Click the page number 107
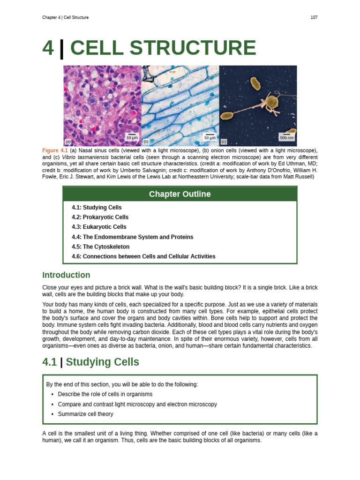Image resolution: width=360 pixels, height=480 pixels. coord(314,17)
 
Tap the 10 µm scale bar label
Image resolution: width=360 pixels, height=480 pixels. coord(132,138)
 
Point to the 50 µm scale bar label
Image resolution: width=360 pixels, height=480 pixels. coord(210,138)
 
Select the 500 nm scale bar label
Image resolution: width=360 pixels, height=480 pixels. coord(286,138)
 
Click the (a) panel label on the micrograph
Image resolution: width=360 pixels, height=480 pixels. coord(68,142)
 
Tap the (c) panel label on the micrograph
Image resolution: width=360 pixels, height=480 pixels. coord(224,142)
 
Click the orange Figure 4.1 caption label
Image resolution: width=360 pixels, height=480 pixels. coord(55,150)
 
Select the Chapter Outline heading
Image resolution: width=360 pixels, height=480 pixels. coord(180,194)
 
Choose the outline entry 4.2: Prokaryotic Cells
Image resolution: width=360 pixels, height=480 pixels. coord(100,217)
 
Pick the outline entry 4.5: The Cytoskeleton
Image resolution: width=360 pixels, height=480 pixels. coord(100,247)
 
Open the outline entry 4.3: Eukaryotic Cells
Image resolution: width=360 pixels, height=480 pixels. coord(99,227)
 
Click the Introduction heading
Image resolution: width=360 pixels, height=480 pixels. coord(66,275)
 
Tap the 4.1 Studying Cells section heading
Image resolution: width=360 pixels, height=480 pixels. coord(90,362)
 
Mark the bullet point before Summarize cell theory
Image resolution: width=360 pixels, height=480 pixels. coord(52,414)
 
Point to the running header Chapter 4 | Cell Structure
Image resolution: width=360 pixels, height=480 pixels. coord(65,17)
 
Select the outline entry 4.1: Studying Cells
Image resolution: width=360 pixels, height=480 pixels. coord(97,208)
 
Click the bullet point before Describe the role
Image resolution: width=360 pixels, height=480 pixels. coord(52,395)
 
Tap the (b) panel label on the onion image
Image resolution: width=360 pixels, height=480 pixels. coord(146,142)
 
